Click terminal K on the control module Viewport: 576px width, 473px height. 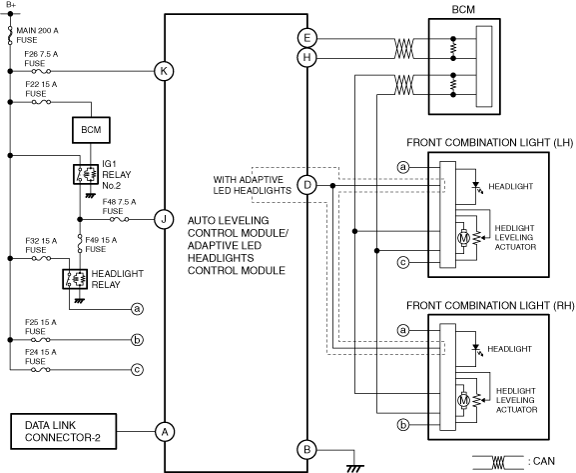pos(164,71)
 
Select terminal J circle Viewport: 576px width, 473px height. pos(164,220)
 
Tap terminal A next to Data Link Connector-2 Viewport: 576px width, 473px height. pos(165,431)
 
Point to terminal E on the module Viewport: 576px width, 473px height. pos(307,38)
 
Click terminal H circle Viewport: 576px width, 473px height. pos(307,58)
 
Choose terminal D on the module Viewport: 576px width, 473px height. pos(307,185)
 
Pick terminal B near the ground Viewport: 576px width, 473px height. pos(307,449)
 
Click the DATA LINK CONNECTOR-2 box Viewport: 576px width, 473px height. pos(64,431)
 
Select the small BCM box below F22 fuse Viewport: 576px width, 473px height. pos(91,130)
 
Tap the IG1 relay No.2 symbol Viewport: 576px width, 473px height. pos(86,174)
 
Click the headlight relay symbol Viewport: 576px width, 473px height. pos(75,279)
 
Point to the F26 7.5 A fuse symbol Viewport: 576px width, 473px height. pos(41,71)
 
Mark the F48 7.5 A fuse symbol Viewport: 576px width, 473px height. pos(120,220)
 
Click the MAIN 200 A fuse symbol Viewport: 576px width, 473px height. pos(10,36)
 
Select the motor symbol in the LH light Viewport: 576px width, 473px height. pos(463,238)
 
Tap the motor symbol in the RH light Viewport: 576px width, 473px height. pos(463,400)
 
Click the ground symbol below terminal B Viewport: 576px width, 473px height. pos(354,468)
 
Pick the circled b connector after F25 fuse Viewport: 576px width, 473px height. pos(137,340)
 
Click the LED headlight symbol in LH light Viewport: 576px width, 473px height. pos(476,186)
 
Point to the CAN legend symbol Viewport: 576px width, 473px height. pos(498,462)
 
